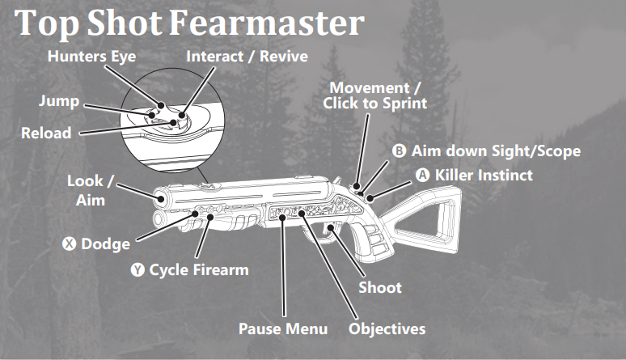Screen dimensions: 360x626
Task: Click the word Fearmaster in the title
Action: click(x=267, y=23)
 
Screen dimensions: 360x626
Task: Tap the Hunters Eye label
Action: click(x=91, y=57)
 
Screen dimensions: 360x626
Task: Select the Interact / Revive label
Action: click(x=247, y=57)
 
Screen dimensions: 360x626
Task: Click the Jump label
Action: click(x=58, y=102)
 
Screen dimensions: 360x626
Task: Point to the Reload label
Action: click(x=46, y=132)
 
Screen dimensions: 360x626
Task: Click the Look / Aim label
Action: click(x=85, y=189)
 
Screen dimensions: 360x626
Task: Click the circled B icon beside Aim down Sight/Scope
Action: click(x=399, y=151)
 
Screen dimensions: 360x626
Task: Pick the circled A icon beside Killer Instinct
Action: click(x=423, y=174)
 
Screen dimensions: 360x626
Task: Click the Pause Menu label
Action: click(x=283, y=328)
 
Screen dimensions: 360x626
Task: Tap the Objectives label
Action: click(x=387, y=328)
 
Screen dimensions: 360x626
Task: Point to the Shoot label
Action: click(x=379, y=287)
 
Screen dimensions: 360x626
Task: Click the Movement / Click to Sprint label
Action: click(x=374, y=95)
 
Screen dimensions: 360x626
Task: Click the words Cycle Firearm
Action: click(x=199, y=269)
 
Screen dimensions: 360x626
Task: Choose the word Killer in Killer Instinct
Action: click(x=455, y=174)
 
